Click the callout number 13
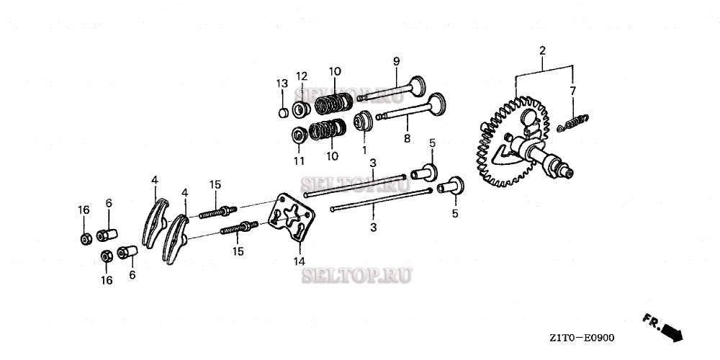point(282,84)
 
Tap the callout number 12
point(301,76)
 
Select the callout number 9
point(396,61)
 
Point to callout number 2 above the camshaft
point(542,50)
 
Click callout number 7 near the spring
point(572,91)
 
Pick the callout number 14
point(300,262)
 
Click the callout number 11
point(299,161)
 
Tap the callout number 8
point(407,138)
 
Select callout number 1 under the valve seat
point(364,150)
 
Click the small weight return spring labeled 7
point(572,123)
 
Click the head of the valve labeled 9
point(417,86)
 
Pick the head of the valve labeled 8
point(437,104)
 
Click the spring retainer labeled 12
point(301,109)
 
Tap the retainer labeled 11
point(300,135)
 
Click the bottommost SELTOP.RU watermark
point(357,276)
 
